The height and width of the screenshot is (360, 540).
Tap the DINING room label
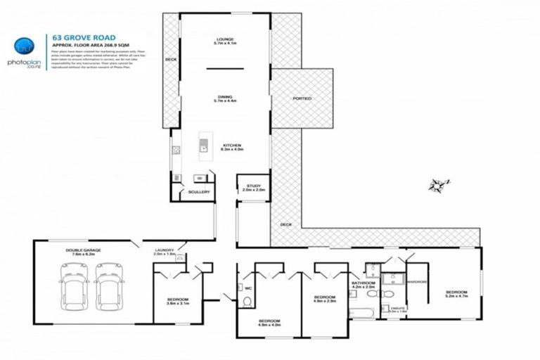click(224, 100)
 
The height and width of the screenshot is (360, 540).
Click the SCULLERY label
click(199, 192)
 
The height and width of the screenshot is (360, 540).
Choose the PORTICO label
click(302, 98)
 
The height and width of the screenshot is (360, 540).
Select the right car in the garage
click(109, 283)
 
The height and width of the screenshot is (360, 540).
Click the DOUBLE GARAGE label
click(83, 252)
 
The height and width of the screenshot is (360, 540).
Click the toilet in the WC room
click(246, 302)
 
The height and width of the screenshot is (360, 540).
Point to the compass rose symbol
click(438, 185)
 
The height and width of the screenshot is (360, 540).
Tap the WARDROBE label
click(418, 284)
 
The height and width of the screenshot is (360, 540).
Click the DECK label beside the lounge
click(170, 60)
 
